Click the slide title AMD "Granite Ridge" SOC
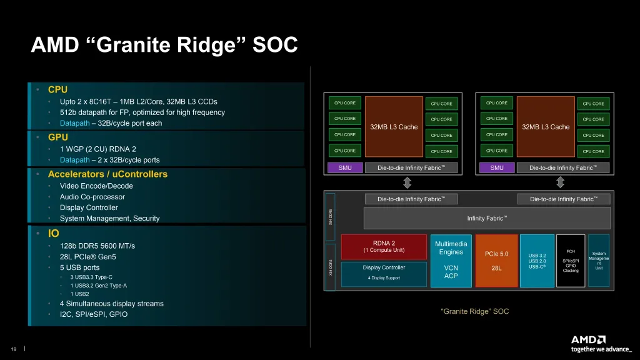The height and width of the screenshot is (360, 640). tap(164, 45)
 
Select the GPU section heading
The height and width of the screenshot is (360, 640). tap(58, 137)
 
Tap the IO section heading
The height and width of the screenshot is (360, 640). tap(53, 233)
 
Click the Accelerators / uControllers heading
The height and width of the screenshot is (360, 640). tap(107, 174)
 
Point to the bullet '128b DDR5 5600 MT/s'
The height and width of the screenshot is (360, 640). tap(97, 246)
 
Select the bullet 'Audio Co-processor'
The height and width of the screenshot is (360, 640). tap(92, 197)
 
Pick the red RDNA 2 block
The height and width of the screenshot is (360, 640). tap(384, 247)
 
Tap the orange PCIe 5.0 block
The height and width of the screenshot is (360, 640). tap(496, 261)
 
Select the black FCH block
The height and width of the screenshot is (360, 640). tap(570, 261)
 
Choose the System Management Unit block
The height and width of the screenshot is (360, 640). tap(598, 261)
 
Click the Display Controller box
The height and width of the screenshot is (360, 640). tap(384, 273)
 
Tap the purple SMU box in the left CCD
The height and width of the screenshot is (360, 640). tap(345, 167)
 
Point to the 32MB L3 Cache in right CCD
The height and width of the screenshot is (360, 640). tap(546, 126)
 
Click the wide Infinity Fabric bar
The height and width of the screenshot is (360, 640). tap(487, 218)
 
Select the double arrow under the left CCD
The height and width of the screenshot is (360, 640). tap(407, 182)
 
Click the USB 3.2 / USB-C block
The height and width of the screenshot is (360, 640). tap(537, 261)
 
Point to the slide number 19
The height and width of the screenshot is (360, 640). tap(13, 349)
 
